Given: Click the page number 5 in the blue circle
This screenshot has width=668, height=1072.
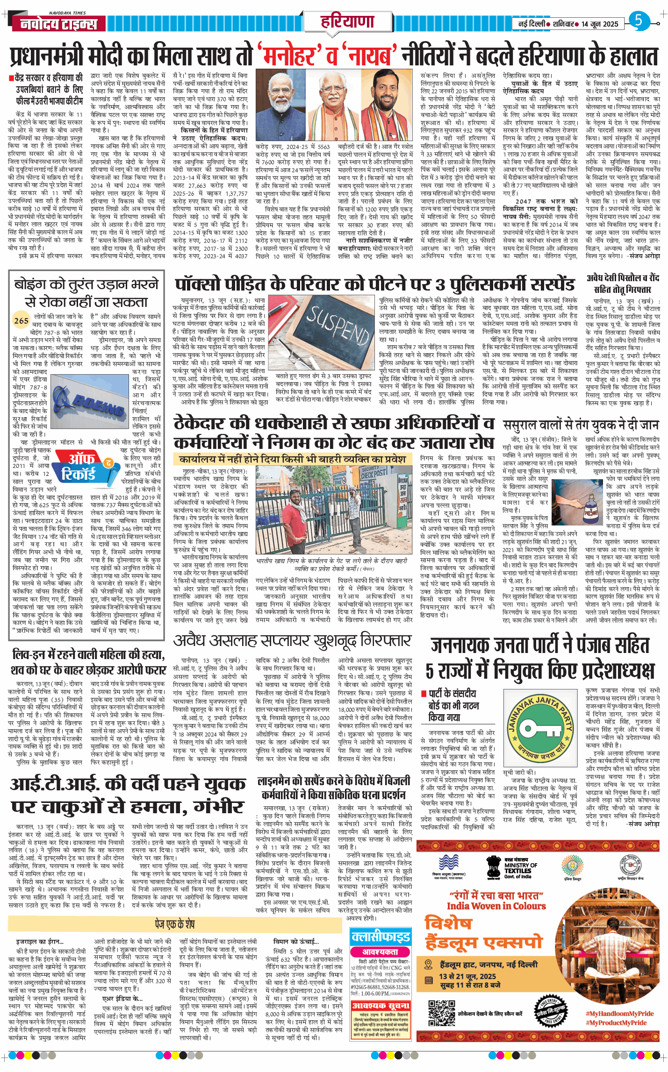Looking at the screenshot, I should pos(639,21).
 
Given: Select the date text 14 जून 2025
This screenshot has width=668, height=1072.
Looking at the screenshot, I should pos(600,24).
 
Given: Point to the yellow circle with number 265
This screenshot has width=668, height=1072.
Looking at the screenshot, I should pos(21,320).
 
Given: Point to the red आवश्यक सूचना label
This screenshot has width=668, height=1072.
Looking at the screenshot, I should pos(381,1005).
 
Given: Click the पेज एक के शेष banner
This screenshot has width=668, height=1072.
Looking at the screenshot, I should pos(174,924).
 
